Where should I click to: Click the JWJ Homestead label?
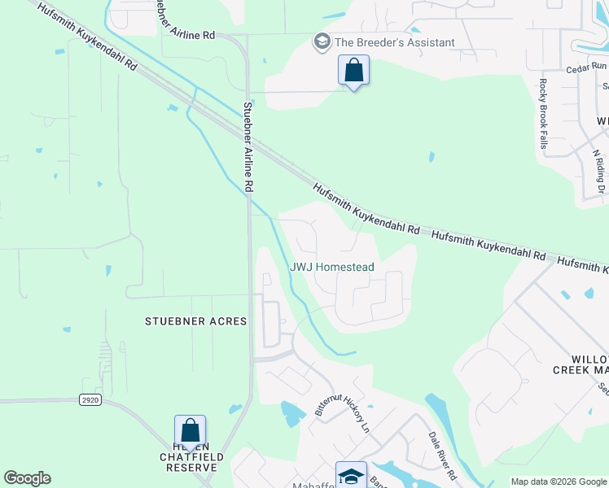332,267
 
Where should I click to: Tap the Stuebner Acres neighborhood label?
195,321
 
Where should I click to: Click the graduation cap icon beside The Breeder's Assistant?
322,41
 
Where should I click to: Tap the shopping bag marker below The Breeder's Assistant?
353,71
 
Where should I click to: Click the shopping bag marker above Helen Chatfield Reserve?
190,431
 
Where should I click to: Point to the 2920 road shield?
90,400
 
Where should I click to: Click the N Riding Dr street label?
599,170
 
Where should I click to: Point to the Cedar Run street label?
588,67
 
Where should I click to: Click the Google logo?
27,478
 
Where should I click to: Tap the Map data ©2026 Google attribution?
558,481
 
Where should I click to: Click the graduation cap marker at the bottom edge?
351,475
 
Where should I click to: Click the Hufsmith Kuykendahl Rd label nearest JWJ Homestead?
366,209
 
